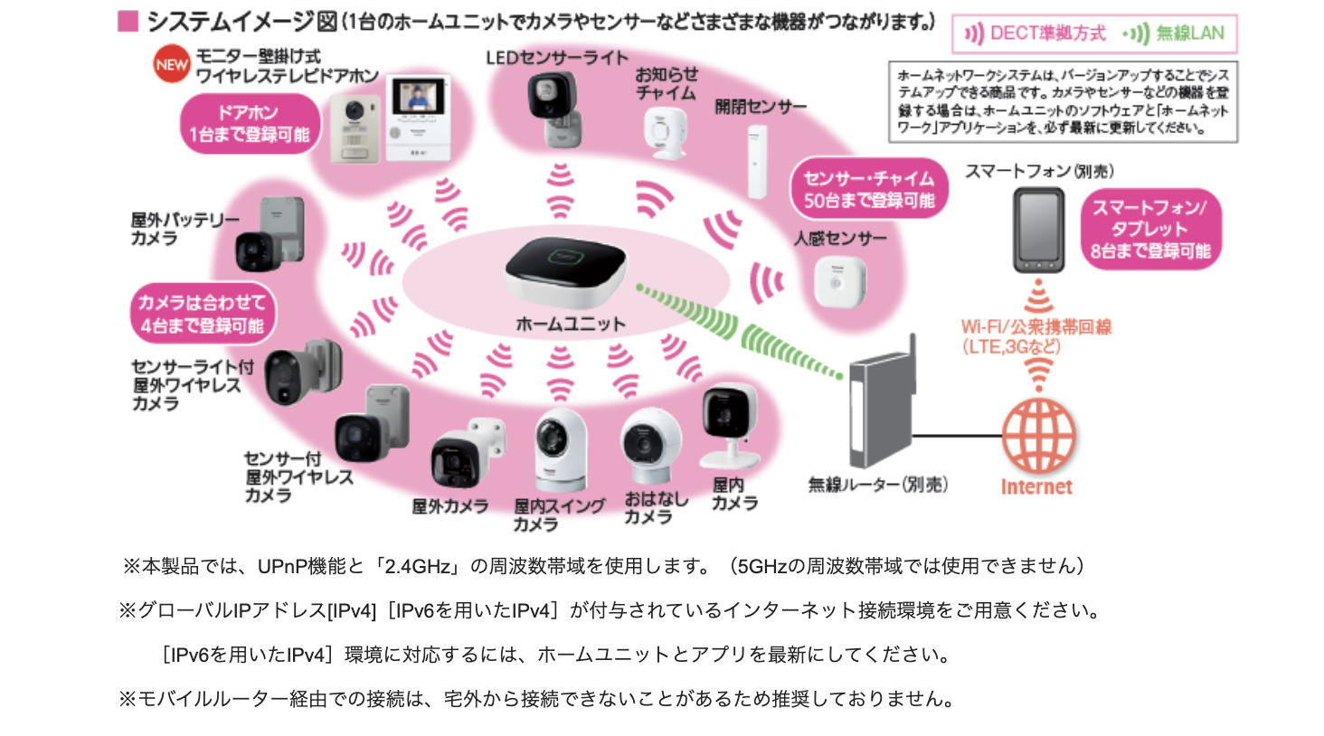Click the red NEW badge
point(171,65)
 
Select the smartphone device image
point(1038,231)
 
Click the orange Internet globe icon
point(1038,437)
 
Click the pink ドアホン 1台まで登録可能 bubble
point(250,124)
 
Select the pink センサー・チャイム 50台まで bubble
point(868,189)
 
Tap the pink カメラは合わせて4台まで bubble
point(203,314)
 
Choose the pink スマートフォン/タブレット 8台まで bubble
point(1150,230)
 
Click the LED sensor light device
point(554,109)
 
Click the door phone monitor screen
point(418,98)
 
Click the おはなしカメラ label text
point(655,507)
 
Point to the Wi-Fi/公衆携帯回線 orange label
point(1036,336)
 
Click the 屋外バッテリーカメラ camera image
point(270,237)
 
